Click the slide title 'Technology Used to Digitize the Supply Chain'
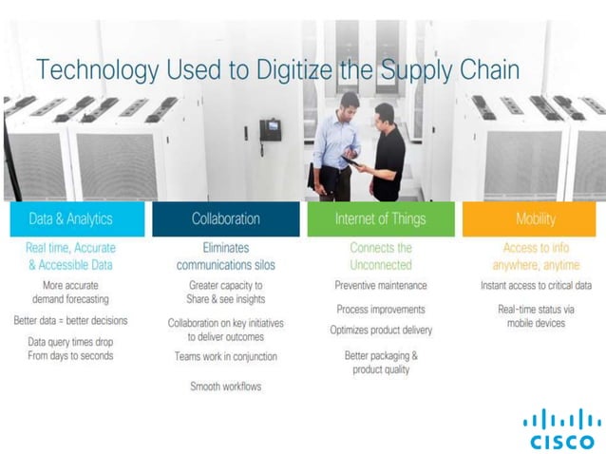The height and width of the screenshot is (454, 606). coord(276,70)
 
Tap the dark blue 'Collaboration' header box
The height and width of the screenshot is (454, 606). coord(225,218)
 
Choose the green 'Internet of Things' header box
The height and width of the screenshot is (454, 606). coord(380,218)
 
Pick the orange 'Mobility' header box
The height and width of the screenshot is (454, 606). coord(535,218)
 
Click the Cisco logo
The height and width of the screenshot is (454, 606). coord(561,428)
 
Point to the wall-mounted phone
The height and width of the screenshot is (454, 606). coord(271,130)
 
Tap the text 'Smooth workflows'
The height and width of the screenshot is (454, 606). coord(225,387)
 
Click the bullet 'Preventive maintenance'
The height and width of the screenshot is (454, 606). coord(380,285)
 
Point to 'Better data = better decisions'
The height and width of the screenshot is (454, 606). coord(70,320)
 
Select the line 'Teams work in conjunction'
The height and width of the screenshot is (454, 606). coord(225,356)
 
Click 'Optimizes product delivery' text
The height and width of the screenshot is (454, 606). coord(380,331)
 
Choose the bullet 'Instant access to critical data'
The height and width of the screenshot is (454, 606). coord(536,285)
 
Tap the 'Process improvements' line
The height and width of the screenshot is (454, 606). coord(380,309)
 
